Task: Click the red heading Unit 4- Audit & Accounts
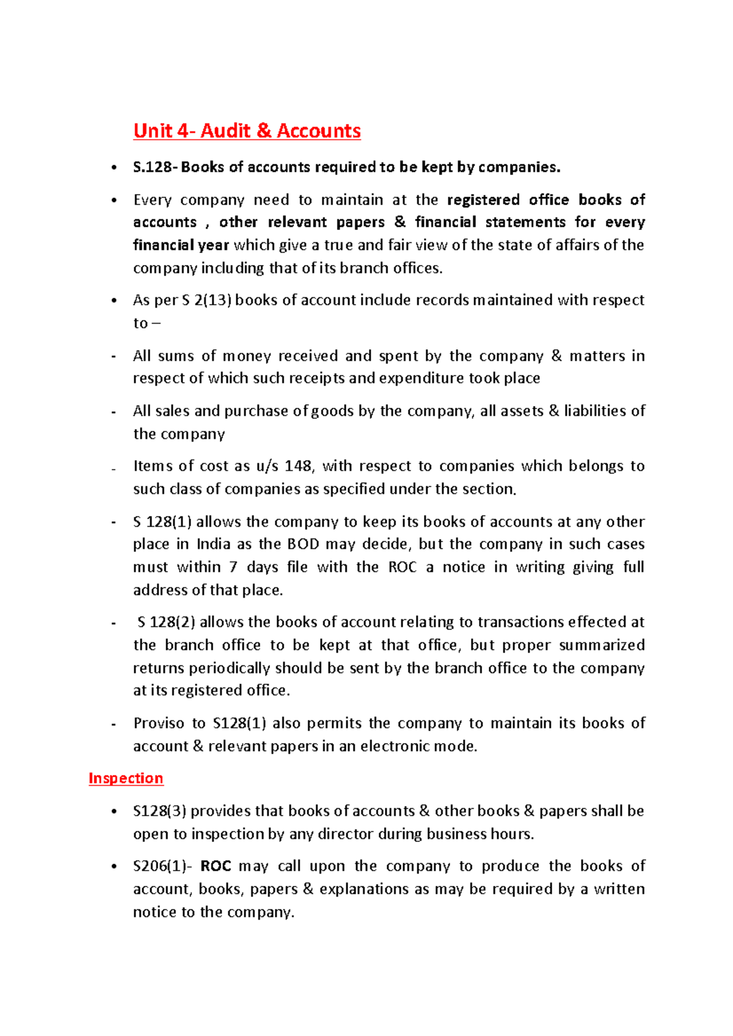pyautogui.click(x=247, y=131)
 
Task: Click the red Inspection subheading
pyautogui.click(x=126, y=778)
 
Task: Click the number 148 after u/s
pyautogui.click(x=297, y=466)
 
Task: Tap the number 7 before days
pyautogui.click(x=233, y=568)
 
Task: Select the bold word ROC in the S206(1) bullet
pyautogui.click(x=216, y=866)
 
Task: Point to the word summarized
pyautogui.click(x=602, y=645)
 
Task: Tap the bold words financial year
pyautogui.click(x=181, y=245)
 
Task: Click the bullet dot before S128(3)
pyautogui.click(x=114, y=812)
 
